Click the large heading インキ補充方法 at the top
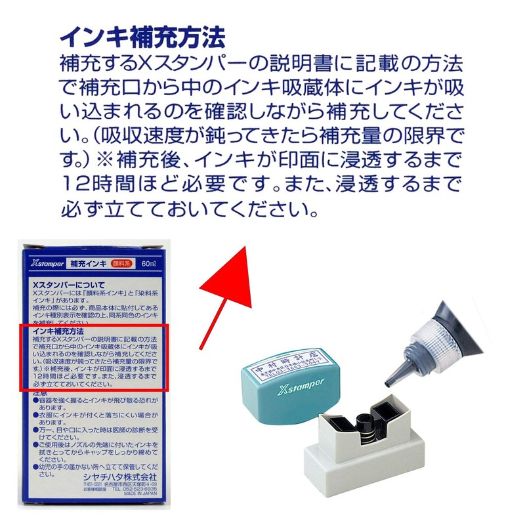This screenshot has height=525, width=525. pos(142,35)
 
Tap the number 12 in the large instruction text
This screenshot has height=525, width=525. pos(72,182)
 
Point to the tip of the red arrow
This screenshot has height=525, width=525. pos(243,247)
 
